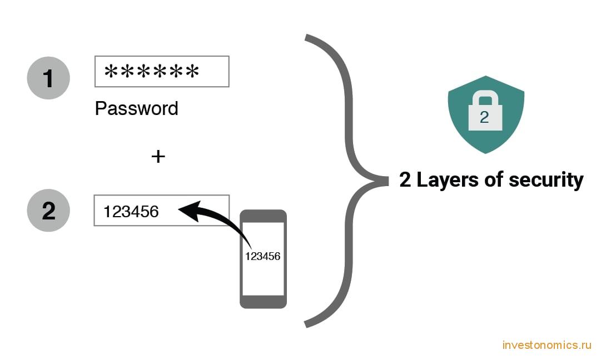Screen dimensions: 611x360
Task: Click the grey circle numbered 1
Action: pos(48,78)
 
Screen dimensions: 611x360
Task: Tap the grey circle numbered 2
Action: pos(48,211)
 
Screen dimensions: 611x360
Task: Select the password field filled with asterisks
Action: pos(162,72)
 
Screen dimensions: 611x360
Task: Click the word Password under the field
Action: pos(136,108)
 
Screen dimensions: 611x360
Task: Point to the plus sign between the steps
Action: pos(158,157)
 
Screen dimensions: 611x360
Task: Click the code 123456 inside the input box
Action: pos(131,212)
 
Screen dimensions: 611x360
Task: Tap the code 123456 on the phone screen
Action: pos(262,256)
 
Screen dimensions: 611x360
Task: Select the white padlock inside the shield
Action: pos(485,111)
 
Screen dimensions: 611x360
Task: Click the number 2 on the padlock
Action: pos(484,117)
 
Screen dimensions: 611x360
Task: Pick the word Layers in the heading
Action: pos(448,180)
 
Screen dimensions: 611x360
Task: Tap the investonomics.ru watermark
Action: pos(547,345)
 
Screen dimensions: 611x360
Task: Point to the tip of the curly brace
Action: pos(388,181)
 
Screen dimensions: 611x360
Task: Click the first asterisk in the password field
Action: pos(111,72)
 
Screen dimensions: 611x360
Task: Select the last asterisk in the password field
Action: pos(192,72)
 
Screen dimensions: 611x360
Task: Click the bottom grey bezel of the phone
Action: pos(264,302)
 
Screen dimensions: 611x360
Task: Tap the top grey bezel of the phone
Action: pos(264,216)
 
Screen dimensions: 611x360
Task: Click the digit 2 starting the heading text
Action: pos(405,180)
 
